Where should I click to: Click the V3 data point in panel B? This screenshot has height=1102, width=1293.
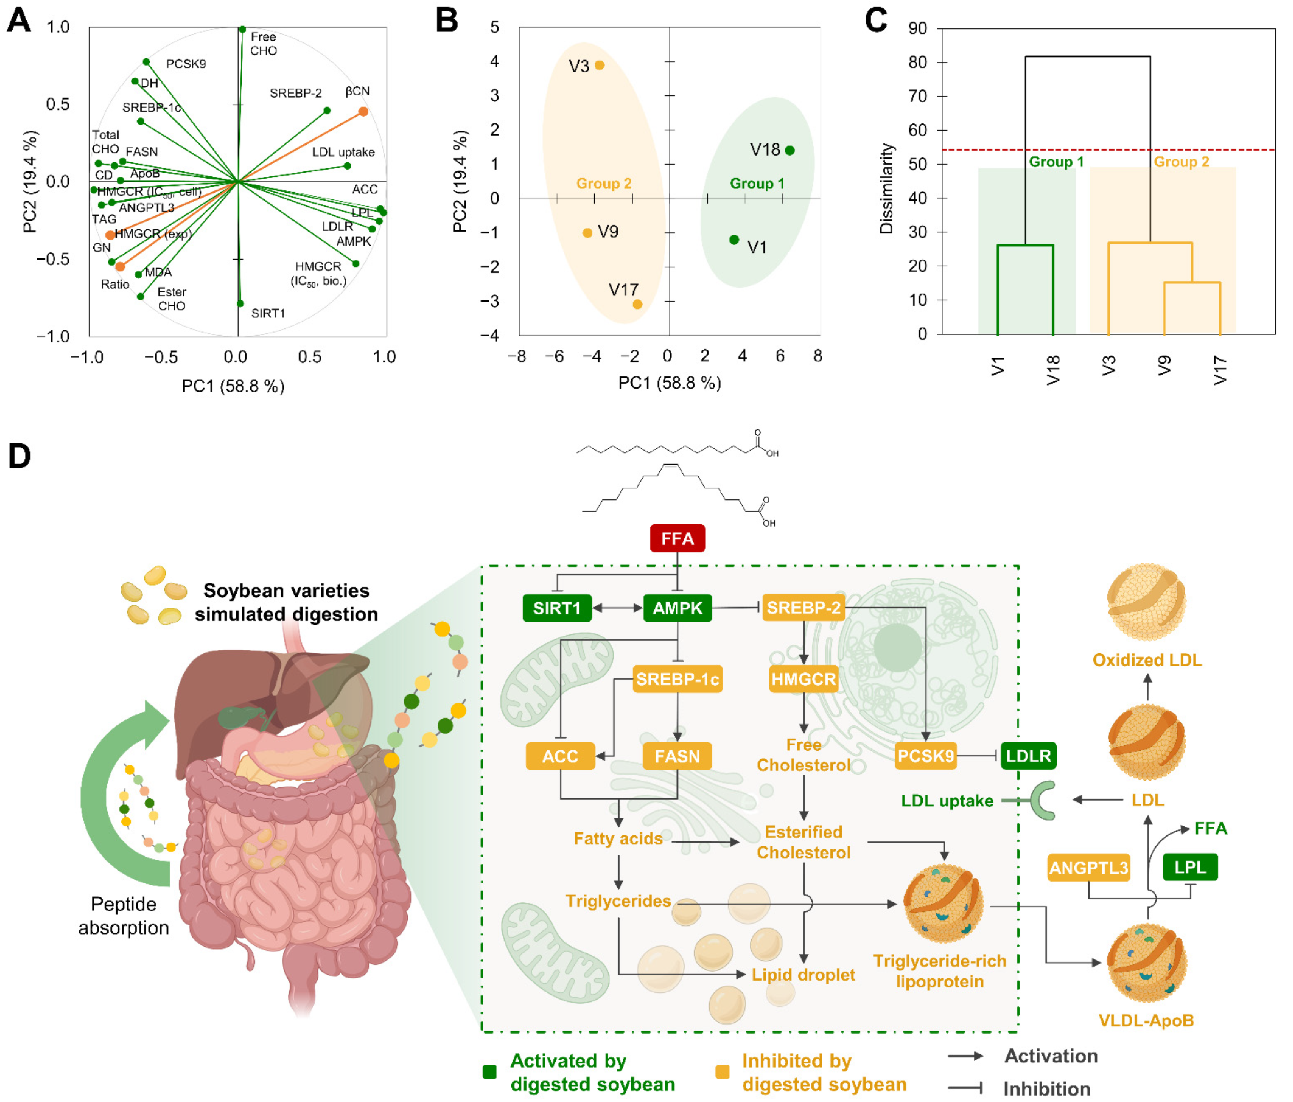[x=599, y=65]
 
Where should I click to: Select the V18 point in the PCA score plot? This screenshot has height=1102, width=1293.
[x=790, y=150]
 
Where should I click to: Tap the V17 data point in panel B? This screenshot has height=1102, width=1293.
[x=638, y=304]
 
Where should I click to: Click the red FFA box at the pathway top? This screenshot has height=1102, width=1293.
[x=677, y=538]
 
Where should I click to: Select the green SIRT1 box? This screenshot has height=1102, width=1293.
[x=557, y=608]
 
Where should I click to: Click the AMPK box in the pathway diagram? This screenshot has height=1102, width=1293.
[x=677, y=608]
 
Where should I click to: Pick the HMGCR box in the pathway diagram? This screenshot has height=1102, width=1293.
[x=803, y=679]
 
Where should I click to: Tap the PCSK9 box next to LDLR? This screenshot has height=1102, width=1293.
[x=925, y=756]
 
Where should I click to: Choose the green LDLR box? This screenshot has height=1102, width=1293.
[x=1028, y=756]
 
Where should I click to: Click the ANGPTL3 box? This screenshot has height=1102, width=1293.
[x=1088, y=868]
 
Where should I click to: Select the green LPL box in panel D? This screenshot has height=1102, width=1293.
[x=1190, y=867]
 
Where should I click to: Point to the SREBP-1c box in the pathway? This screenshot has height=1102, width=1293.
[x=677, y=679]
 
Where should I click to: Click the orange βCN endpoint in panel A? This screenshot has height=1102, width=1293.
[x=363, y=112]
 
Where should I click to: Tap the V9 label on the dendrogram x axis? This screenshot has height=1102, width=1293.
[x=1165, y=366]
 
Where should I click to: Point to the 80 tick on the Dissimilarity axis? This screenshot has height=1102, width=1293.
[x=918, y=62]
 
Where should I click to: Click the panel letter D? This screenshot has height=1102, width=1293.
[x=19, y=456]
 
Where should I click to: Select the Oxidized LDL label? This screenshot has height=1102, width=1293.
[x=1147, y=660]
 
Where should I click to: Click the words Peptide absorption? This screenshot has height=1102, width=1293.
[x=124, y=916]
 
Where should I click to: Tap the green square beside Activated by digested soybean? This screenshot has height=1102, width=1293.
[x=490, y=1072]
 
